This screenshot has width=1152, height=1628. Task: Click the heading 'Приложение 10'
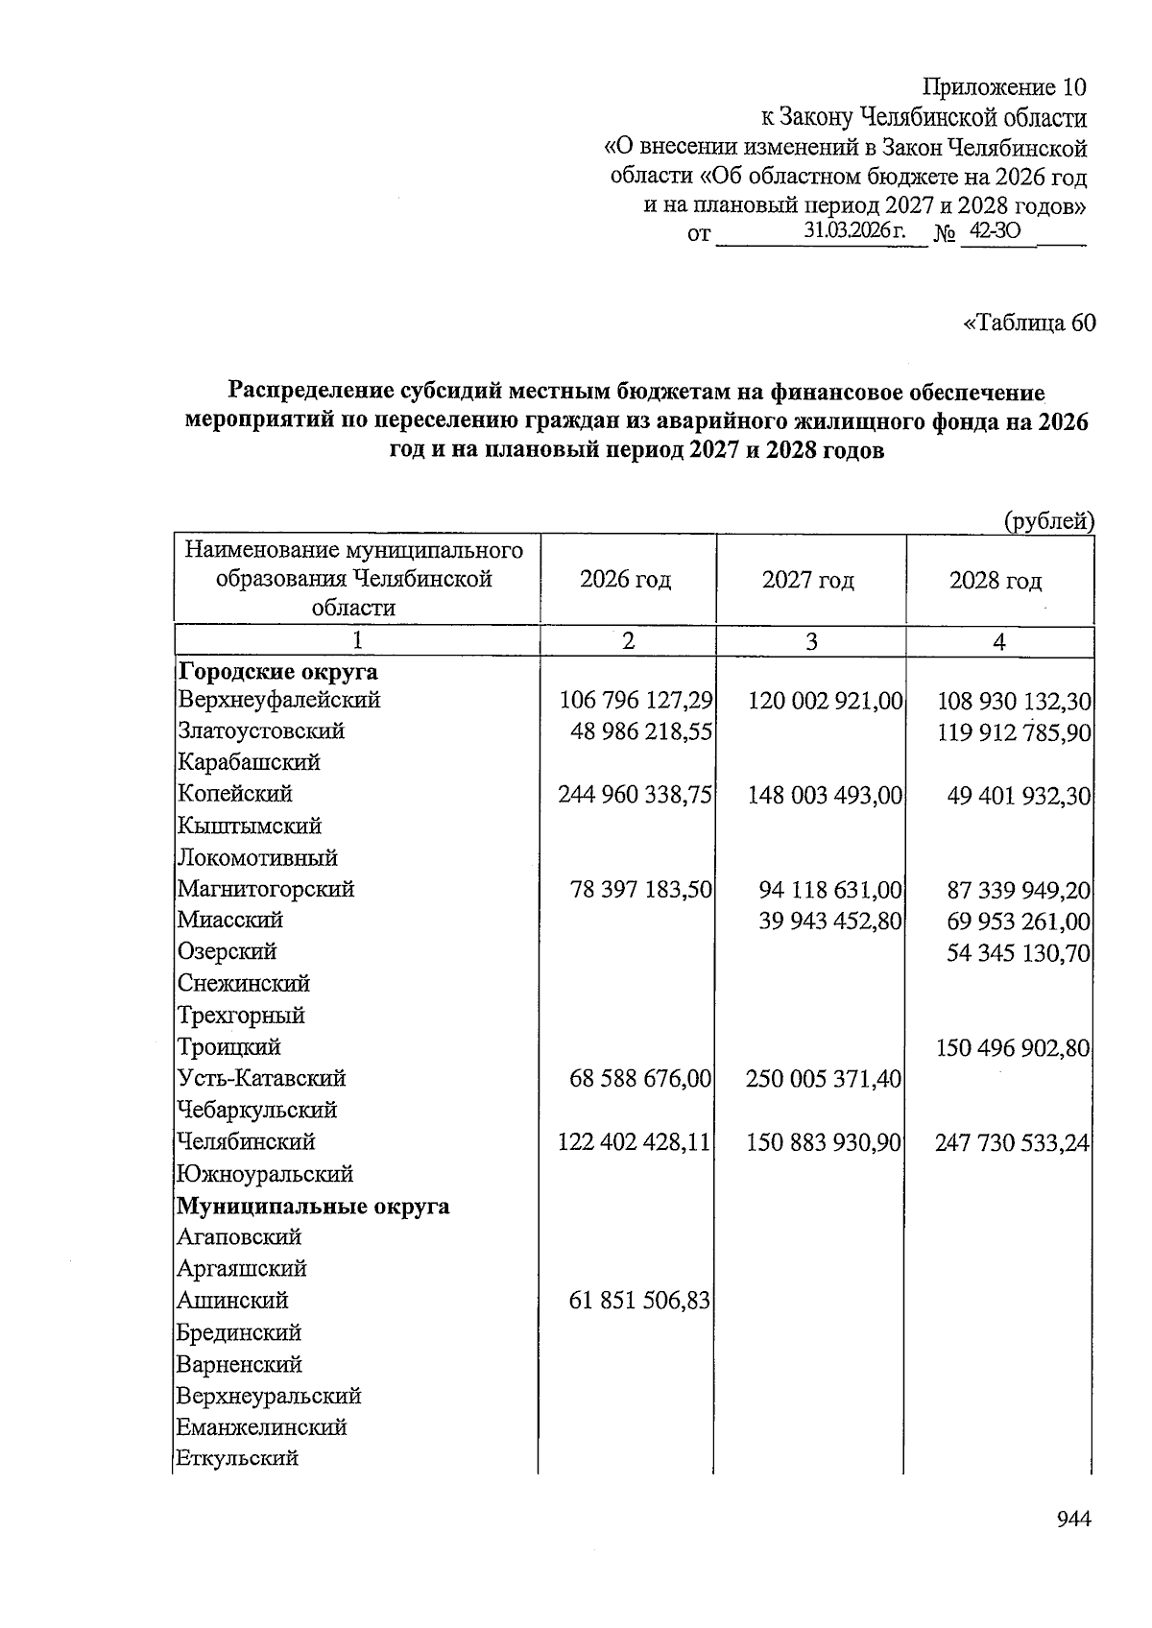coord(1004,87)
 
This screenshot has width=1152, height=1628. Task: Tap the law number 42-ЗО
coord(995,231)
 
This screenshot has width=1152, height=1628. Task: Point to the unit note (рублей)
coord(1048,521)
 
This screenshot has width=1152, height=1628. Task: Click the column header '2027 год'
coord(807,580)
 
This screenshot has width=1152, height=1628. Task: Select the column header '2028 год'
coord(996,580)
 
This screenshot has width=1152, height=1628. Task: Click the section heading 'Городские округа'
coord(277,672)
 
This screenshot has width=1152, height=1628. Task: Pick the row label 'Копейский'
coord(235,794)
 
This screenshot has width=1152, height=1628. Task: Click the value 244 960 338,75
coord(635,795)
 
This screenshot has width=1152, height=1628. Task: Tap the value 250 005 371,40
coord(824,1079)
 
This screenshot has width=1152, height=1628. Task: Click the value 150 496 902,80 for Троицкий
coord(1013,1047)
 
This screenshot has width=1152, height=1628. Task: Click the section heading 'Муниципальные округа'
coord(313,1206)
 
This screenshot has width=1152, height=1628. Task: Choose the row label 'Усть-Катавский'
coord(261,1078)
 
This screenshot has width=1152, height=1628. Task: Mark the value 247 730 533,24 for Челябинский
coord(1012,1142)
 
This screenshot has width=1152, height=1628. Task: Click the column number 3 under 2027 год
coord(811,641)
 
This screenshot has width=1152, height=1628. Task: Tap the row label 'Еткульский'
coord(237,1458)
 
